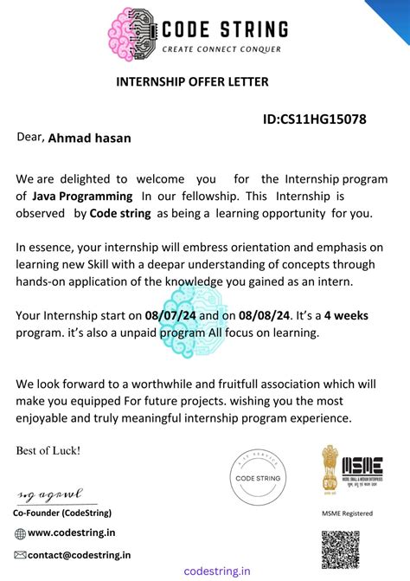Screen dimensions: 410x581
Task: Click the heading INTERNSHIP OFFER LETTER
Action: pos(192,81)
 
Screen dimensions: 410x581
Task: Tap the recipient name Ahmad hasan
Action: pos(87,137)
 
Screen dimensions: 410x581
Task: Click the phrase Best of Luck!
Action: pos(48,450)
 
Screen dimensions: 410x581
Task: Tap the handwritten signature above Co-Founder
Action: pos(50,496)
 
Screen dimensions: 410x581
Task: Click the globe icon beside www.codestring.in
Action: pos(20,533)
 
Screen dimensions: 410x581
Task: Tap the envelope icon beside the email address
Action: pos(20,554)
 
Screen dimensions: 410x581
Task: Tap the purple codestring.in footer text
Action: pos(218,571)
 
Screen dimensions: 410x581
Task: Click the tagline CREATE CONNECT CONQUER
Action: pos(221,49)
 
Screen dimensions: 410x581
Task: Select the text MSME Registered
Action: pos(348,513)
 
